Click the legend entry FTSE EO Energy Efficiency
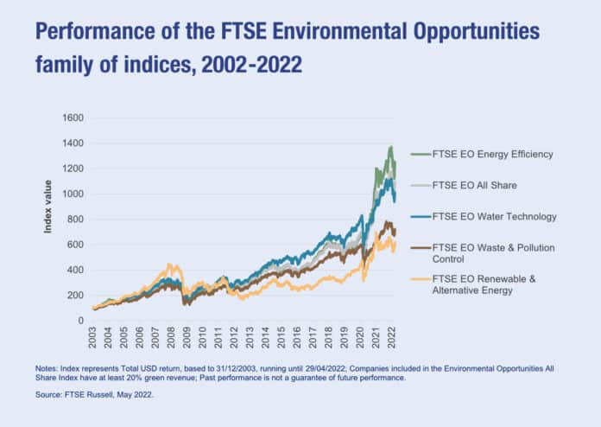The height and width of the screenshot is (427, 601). (491, 155)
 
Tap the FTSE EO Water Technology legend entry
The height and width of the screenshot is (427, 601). (494, 217)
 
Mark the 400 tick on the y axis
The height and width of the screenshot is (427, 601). (74, 270)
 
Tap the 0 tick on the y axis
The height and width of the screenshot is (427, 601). (79, 321)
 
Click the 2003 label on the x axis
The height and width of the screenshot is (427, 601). (92, 335)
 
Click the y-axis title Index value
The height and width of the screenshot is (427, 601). (48, 206)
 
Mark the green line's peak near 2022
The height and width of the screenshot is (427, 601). (390, 147)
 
